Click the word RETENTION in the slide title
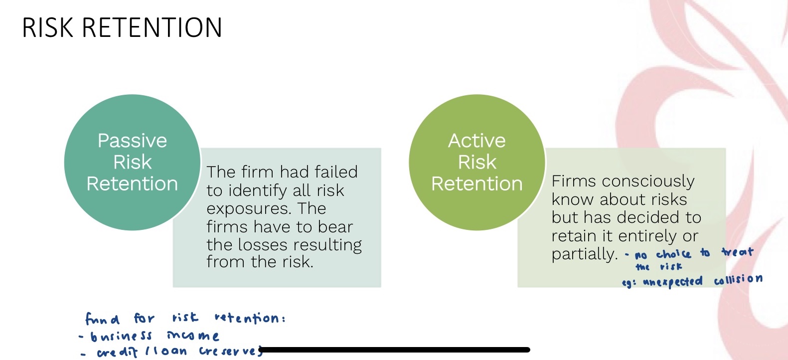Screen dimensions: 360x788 (x=152, y=28)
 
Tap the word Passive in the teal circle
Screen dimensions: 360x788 (x=132, y=141)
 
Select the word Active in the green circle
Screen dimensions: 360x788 (x=477, y=141)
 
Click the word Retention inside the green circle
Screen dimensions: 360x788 (x=477, y=184)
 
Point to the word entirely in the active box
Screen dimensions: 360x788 (x=647, y=236)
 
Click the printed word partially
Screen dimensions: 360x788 (x=584, y=254)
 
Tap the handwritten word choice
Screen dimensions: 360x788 (x=673, y=254)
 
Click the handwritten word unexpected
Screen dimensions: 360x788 (x=672, y=282)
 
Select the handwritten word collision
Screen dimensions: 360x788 (x=738, y=280)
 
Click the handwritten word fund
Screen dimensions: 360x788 (x=102, y=319)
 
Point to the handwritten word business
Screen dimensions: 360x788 (x=121, y=337)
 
